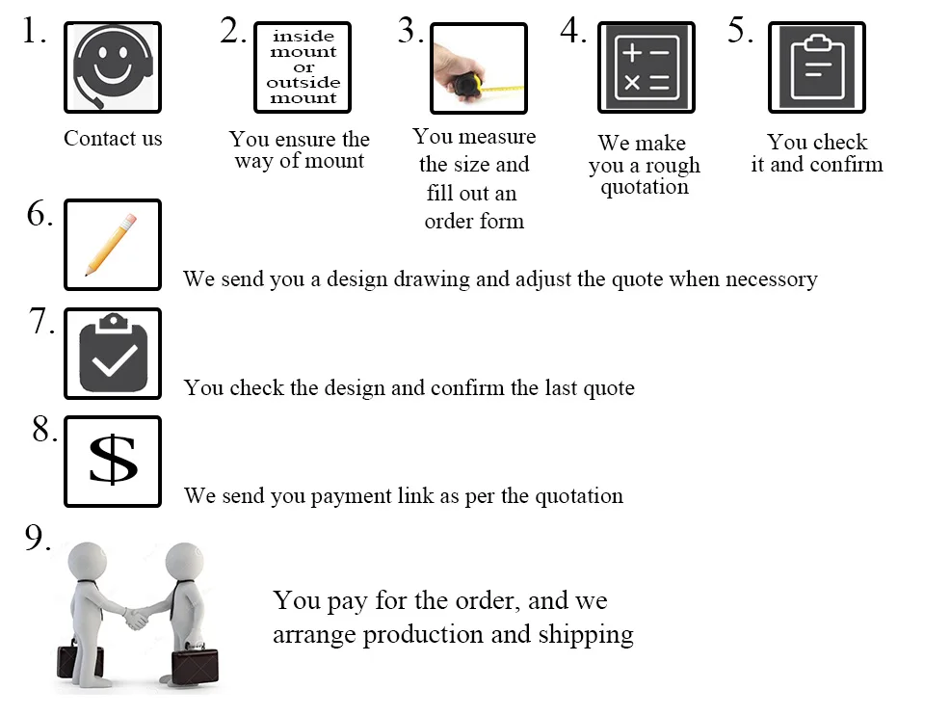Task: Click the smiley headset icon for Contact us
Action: point(113,67)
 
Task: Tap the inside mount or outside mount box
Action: point(303,67)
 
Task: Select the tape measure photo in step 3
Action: point(479,67)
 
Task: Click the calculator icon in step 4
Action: point(647,67)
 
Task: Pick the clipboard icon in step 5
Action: point(817,67)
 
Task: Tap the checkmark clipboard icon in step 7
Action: point(113,354)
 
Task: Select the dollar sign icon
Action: point(113,462)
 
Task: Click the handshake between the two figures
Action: point(137,618)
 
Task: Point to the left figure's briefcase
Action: point(80,660)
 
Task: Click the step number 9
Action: point(38,538)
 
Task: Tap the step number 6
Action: point(40,213)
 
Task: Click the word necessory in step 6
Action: point(771,279)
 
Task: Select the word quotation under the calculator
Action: point(645,187)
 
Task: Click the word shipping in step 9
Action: point(586,635)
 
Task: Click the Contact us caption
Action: point(113,138)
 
